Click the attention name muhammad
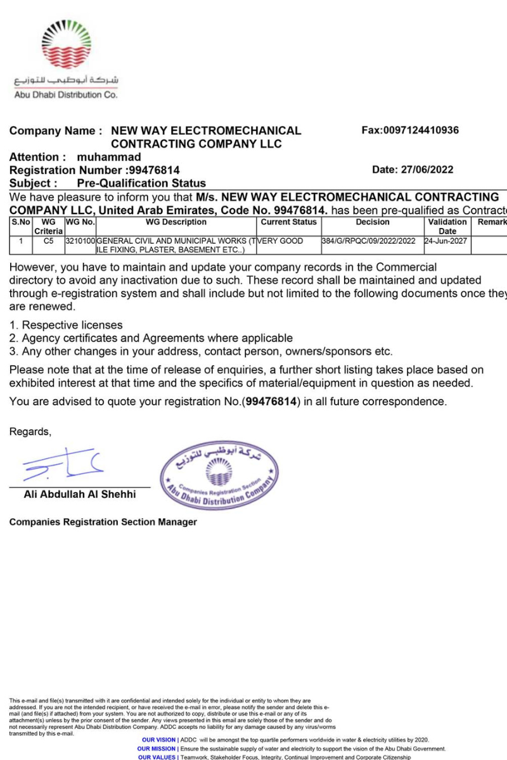[x=113, y=157]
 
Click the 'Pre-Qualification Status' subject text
[x=141, y=184]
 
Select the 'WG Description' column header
[x=176, y=222]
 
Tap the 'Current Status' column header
[x=288, y=222]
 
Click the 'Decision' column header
[x=373, y=222]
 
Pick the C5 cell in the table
[x=49, y=241]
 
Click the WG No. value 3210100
[x=80, y=241]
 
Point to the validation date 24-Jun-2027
[x=447, y=241]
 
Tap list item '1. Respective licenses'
[x=66, y=325]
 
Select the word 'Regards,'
[x=30, y=432]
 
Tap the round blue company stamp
[x=219, y=477]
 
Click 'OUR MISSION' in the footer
[x=158, y=749]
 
